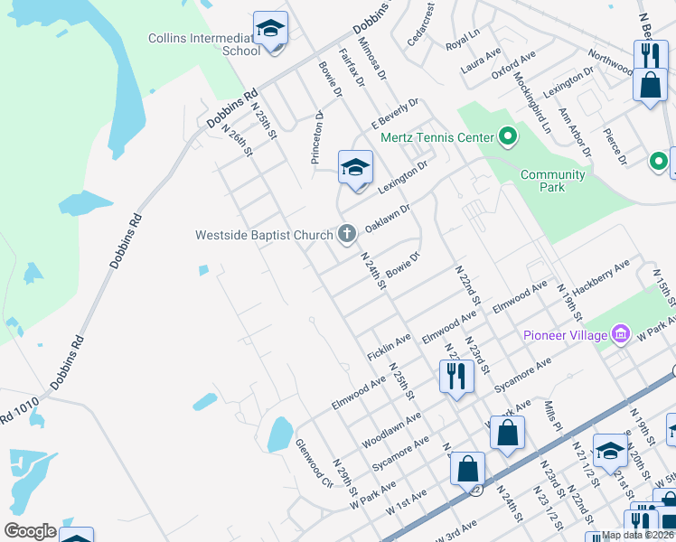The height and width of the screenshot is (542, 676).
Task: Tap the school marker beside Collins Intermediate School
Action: coord(270,29)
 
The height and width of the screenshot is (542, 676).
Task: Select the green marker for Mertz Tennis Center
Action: coord(508,138)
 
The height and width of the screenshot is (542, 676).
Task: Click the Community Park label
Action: coord(552,181)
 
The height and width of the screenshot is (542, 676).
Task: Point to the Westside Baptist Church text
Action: coord(265,235)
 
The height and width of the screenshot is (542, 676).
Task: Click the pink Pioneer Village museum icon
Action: coord(620,335)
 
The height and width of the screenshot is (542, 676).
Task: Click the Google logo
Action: coord(30,531)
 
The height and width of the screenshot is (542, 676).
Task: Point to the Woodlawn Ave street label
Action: coord(392,431)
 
